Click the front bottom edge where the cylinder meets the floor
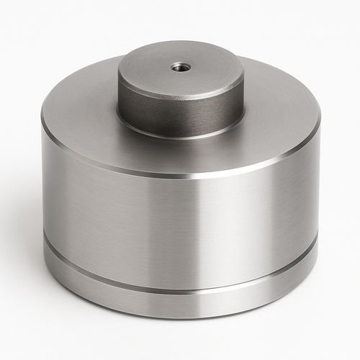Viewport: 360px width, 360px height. point(180,318)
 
